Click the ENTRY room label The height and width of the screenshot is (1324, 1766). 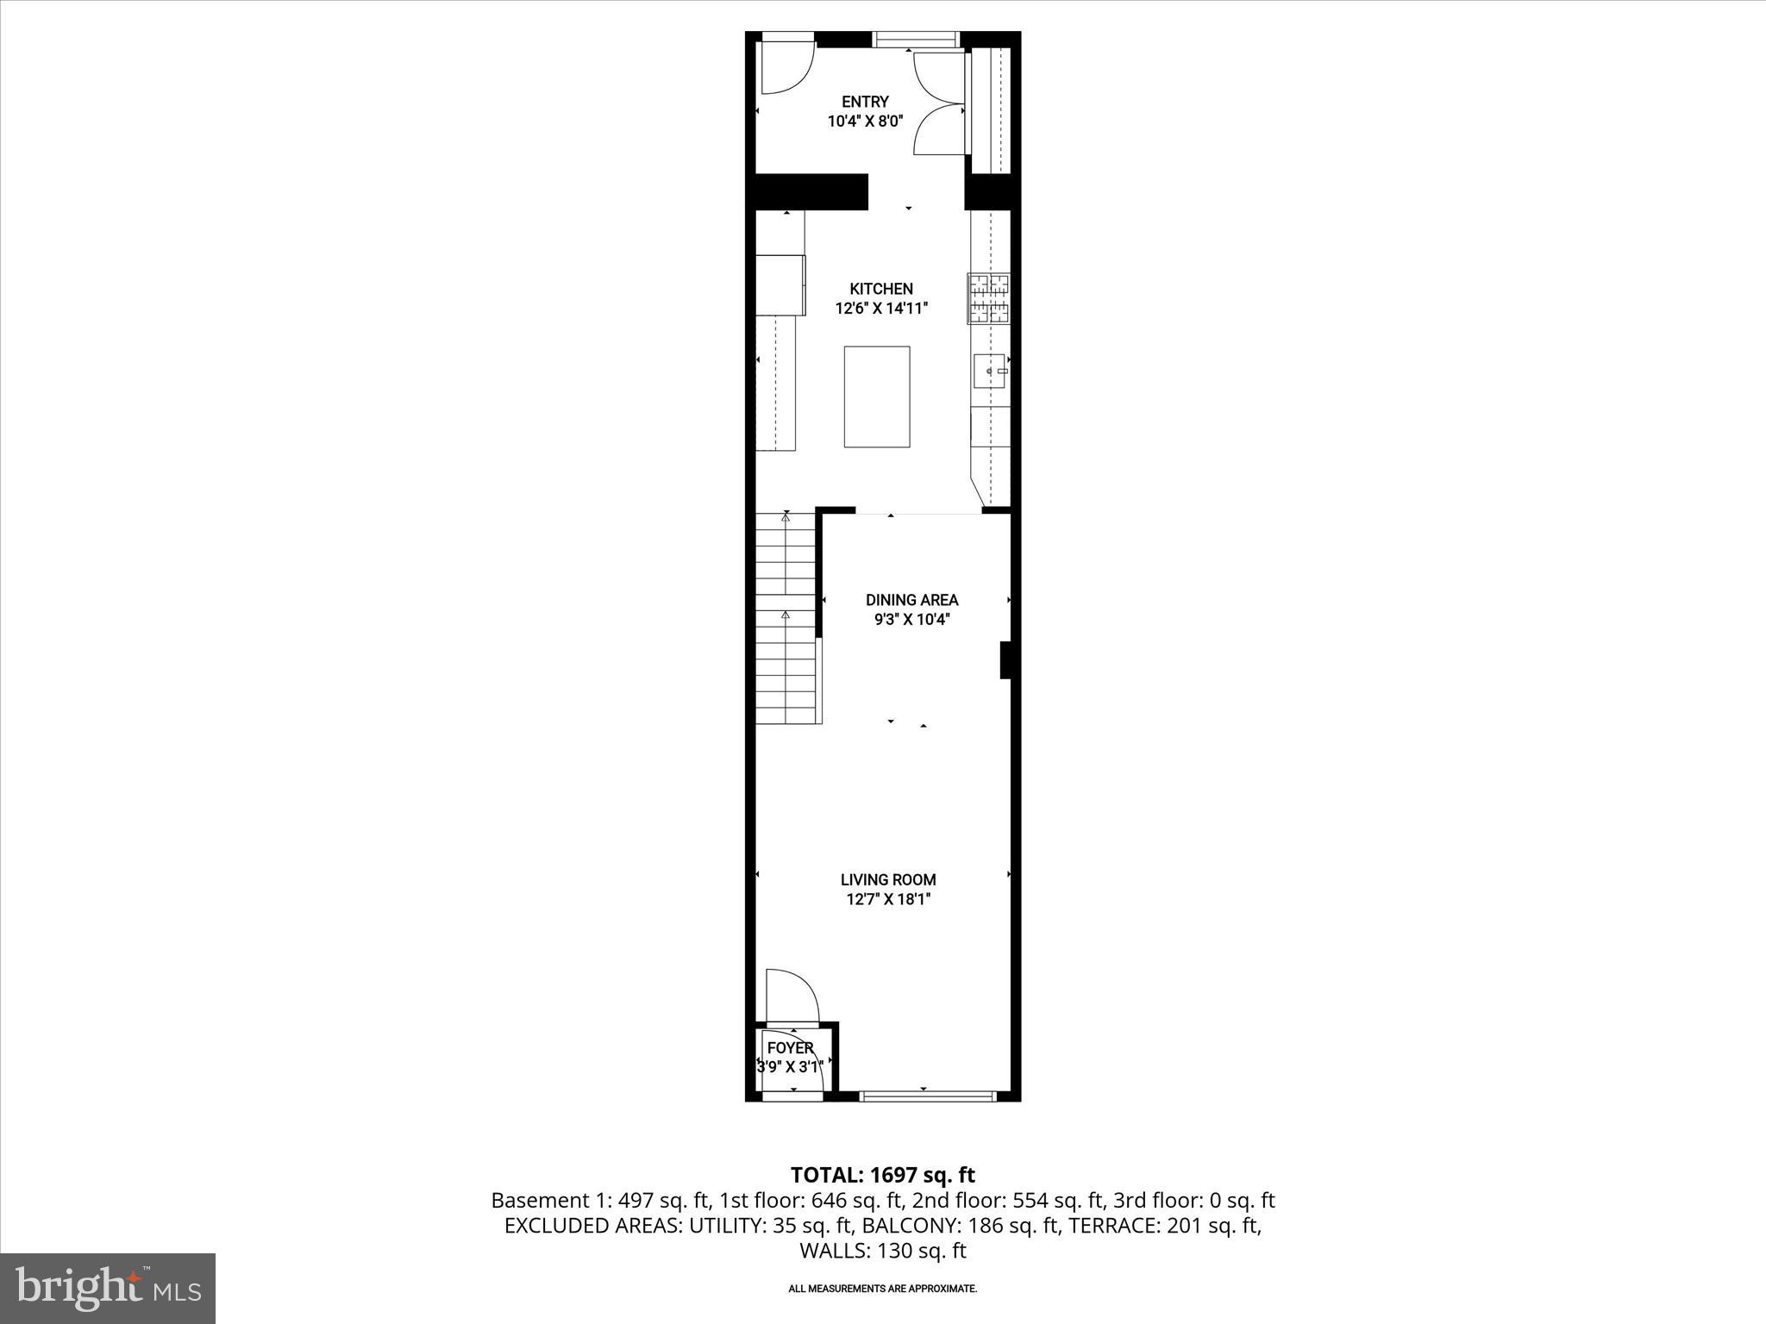(x=865, y=102)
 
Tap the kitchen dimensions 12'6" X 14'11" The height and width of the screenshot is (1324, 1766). (x=881, y=309)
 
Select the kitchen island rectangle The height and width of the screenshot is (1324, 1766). (x=876, y=397)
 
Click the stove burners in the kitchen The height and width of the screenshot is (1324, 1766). (x=989, y=298)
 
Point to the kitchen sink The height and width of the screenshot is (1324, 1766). (x=990, y=371)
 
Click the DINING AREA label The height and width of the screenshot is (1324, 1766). (x=911, y=600)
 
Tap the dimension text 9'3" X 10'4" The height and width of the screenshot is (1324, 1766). (x=911, y=620)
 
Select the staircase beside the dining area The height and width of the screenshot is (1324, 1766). (x=786, y=619)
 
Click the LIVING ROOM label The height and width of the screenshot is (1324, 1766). (x=888, y=880)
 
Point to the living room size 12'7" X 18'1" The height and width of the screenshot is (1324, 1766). (x=888, y=900)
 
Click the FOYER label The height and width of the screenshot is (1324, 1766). (x=790, y=1048)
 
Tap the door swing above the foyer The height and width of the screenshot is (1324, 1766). (x=791, y=995)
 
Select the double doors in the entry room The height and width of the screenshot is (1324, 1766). (x=938, y=103)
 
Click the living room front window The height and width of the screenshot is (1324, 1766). (x=928, y=1096)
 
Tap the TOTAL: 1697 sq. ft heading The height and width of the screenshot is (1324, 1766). (x=882, y=1175)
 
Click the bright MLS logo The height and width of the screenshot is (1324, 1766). (x=108, y=1288)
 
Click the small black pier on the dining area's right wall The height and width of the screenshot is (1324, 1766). (x=1005, y=660)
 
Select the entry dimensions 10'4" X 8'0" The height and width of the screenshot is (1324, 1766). (x=865, y=122)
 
